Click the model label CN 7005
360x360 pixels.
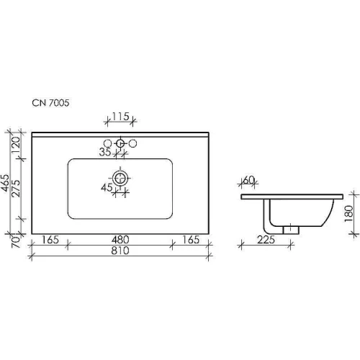50,103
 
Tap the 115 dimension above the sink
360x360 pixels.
121,117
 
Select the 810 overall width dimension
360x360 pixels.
120,251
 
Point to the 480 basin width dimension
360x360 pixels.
120,240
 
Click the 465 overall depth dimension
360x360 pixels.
5,183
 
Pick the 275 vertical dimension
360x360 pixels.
16,189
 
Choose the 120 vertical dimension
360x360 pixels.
16,145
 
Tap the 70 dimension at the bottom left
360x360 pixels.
16,242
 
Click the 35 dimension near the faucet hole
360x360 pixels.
105,152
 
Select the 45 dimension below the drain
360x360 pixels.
107,187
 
